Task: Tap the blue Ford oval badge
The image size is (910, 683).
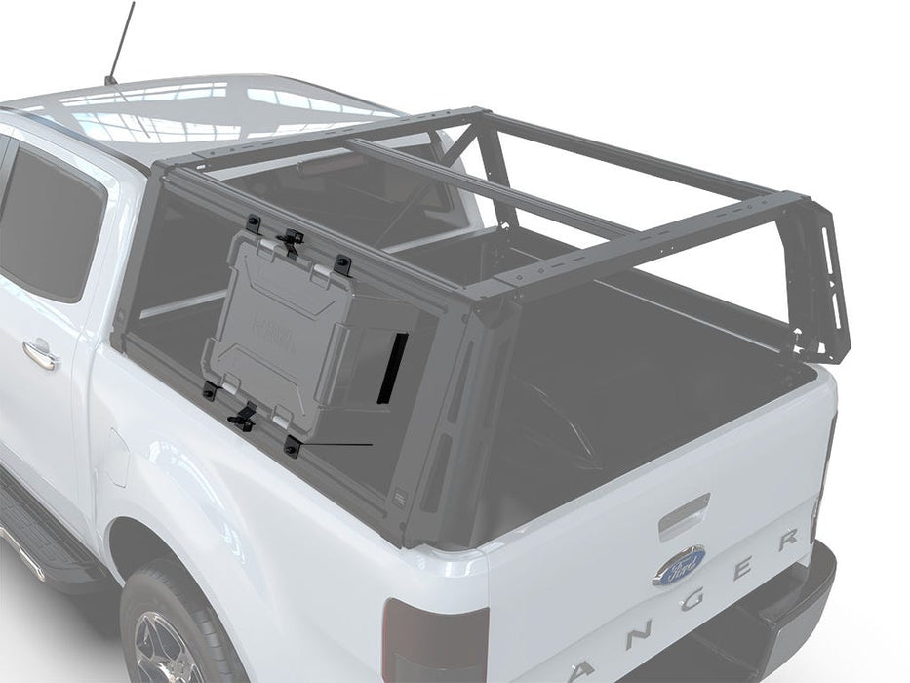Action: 679,566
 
